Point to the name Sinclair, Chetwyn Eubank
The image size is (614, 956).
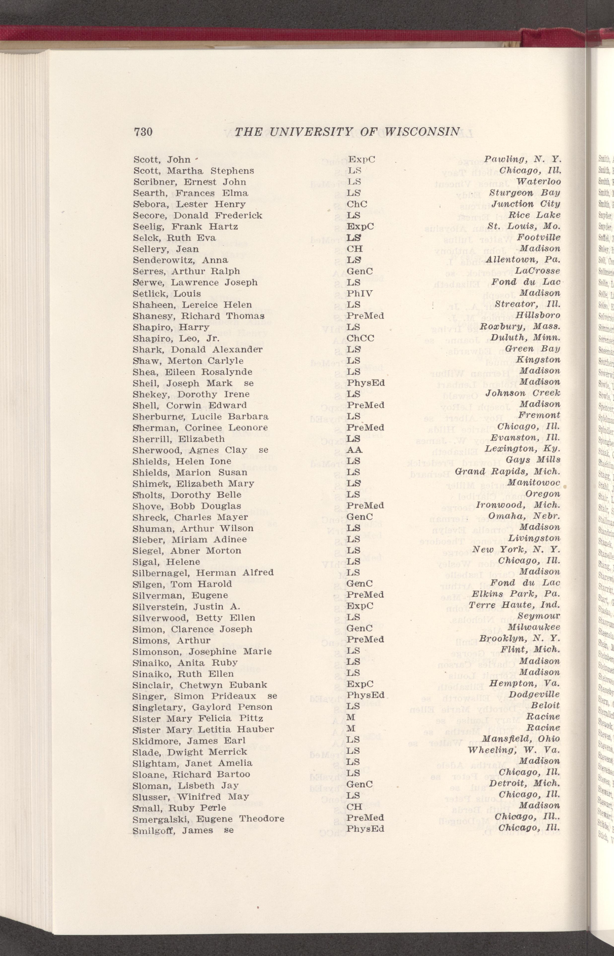point(200,674)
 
